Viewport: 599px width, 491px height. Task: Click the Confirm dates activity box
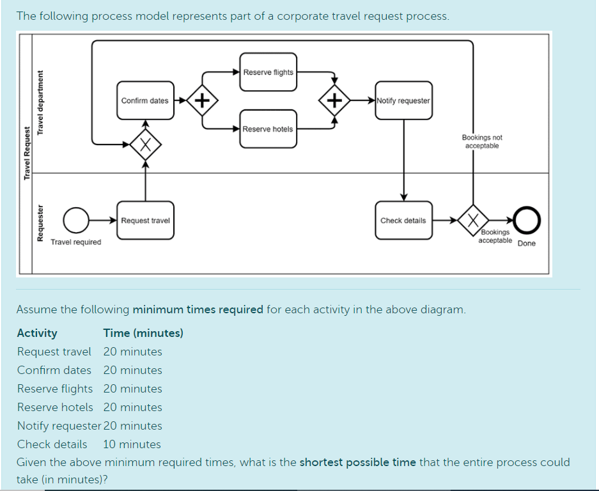point(145,100)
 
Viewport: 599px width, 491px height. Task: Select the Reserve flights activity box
point(268,72)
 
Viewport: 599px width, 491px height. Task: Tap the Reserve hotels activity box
point(268,129)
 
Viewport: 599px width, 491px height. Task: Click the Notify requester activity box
point(403,100)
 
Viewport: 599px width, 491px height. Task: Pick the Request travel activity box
point(145,221)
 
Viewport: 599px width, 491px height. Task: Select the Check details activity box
point(403,221)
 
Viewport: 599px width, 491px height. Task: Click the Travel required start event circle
point(77,221)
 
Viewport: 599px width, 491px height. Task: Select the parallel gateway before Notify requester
point(334,100)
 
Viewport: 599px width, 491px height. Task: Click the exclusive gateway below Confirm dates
point(145,144)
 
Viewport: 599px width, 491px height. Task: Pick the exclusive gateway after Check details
point(473,221)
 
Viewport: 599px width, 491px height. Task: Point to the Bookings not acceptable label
point(482,142)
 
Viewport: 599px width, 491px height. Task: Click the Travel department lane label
point(41,102)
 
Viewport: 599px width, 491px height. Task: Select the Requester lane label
point(41,224)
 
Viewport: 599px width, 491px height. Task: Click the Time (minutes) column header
point(143,333)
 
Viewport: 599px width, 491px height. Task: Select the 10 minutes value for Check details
point(132,444)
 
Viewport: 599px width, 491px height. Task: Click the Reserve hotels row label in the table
point(55,407)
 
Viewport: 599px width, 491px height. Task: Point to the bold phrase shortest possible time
point(357,462)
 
